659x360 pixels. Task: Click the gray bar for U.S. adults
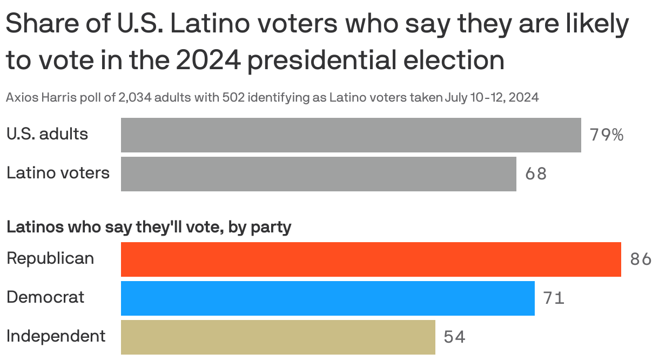351,135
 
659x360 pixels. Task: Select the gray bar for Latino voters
318,174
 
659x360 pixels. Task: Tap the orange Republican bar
371,259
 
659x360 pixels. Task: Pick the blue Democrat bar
327,298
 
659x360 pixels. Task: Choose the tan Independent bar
278,337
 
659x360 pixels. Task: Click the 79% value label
606,135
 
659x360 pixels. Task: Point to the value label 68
535,174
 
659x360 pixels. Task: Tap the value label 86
640,259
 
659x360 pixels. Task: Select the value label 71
554,298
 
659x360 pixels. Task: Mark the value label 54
454,337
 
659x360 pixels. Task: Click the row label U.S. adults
47,134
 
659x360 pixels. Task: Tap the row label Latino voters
58,173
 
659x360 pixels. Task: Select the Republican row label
50,258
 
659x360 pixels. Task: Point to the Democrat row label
45,297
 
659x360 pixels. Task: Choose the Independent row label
56,336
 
